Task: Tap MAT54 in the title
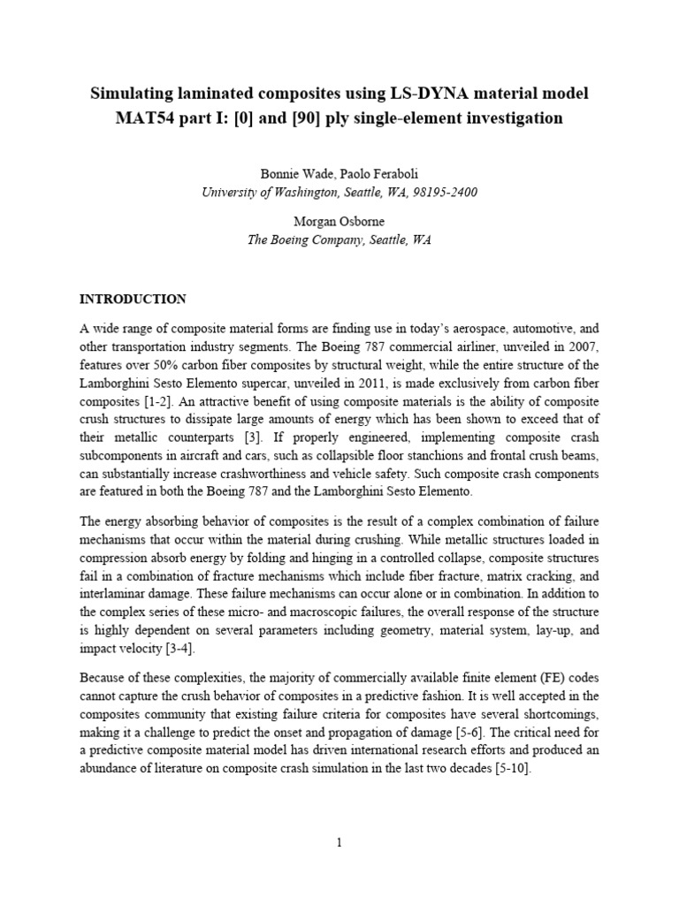[148, 118]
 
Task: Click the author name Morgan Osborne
[339, 222]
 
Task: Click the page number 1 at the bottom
[339, 843]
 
